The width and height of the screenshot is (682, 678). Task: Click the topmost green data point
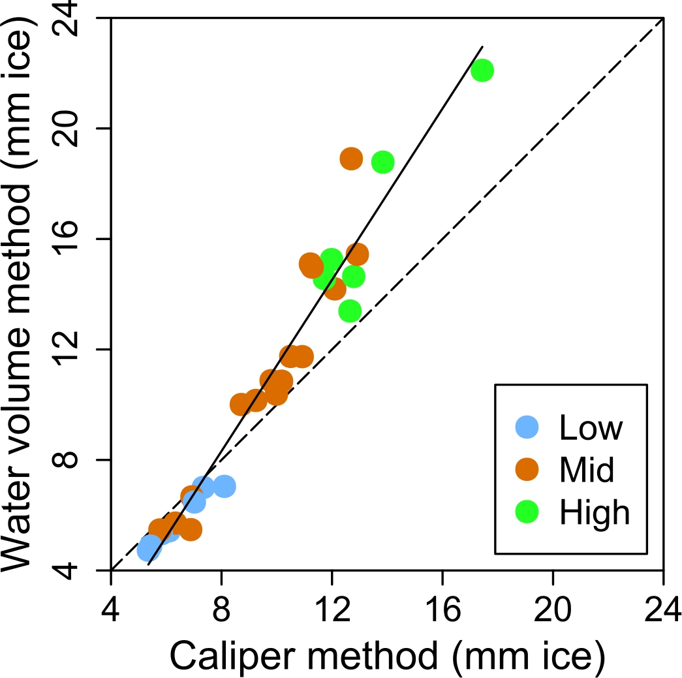[x=482, y=70]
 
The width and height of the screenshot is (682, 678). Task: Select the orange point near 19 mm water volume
[x=351, y=159]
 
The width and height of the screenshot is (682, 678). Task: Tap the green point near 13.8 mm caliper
[x=382, y=162]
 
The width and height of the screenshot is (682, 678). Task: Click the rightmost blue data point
[x=224, y=486]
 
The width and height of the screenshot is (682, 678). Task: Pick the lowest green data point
[x=350, y=311]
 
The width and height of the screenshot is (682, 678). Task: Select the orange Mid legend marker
[x=527, y=469]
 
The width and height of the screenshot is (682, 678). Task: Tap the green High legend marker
[x=527, y=512]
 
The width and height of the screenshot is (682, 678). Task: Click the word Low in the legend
[x=591, y=427]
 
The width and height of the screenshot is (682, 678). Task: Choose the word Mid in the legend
[x=587, y=470]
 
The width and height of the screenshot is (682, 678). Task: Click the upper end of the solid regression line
[x=482, y=47]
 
